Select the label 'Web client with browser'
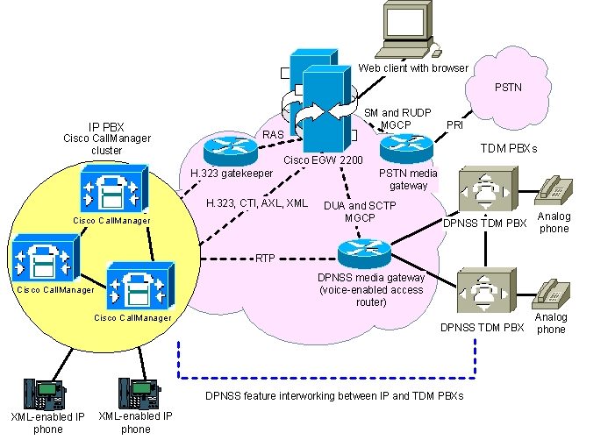413,68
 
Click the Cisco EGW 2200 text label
323,160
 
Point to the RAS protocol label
273,135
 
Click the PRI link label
455,124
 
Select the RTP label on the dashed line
266,259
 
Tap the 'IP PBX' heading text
106,126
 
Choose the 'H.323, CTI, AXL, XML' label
256,203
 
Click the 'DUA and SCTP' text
360,205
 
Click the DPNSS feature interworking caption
334,396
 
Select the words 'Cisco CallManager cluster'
106,144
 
